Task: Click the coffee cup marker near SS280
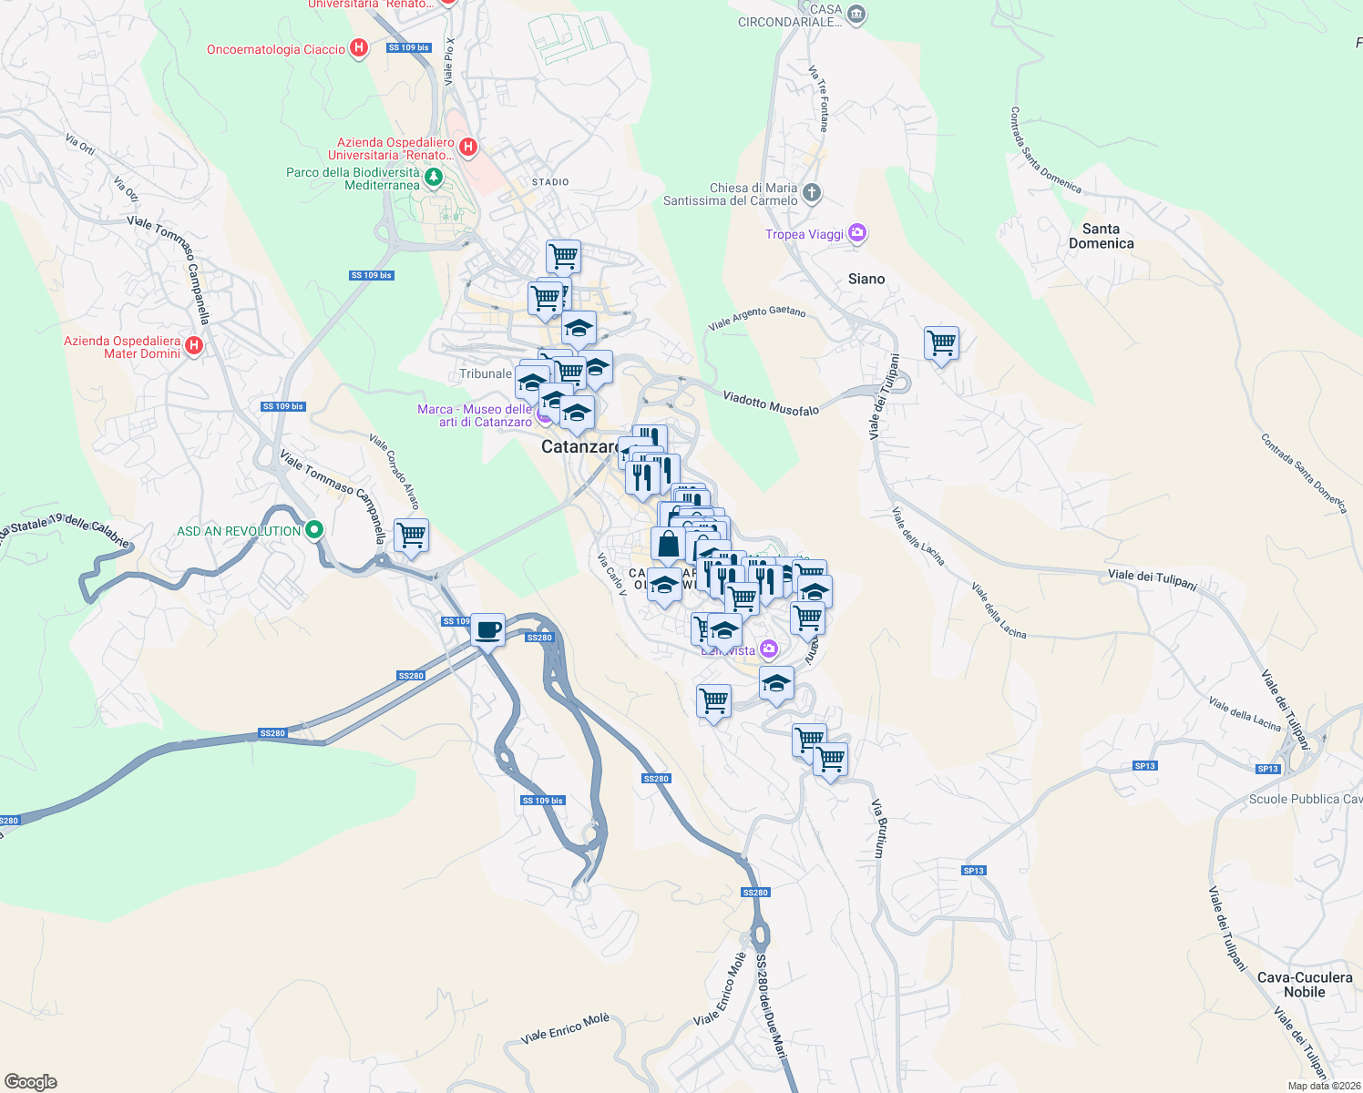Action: pyautogui.click(x=488, y=629)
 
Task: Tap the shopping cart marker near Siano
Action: pyautogui.click(x=941, y=344)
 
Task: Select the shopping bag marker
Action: pyautogui.click(x=668, y=545)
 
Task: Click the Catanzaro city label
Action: pyautogui.click(x=579, y=446)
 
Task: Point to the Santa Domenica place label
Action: pyautogui.click(x=1101, y=236)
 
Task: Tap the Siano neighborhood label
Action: pyautogui.click(x=866, y=279)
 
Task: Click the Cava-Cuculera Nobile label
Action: pyautogui.click(x=1304, y=985)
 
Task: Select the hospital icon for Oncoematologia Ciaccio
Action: pyautogui.click(x=359, y=48)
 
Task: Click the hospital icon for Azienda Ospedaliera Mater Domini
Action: pyautogui.click(x=193, y=346)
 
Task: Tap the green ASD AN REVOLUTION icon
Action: pyautogui.click(x=314, y=530)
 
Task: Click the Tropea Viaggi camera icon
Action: pyautogui.click(x=857, y=233)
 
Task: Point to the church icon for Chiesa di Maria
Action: pyautogui.click(x=812, y=193)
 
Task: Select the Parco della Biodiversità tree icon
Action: pyautogui.click(x=434, y=178)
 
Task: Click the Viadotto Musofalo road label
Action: pyautogui.click(x=771, y=403)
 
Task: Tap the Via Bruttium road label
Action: pyautogui.click(x=879, y=828)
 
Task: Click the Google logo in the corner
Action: pyautogui.click(x=30, y=1082)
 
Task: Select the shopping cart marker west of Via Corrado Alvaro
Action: pyautogui.click(x=411, y=536)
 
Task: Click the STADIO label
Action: pyautogui.click(x=550, y=182)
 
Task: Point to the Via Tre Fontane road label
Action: pyautogui.click(x=818, y=98)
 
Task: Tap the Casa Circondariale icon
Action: pyautogui.click(x=856, y=15)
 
